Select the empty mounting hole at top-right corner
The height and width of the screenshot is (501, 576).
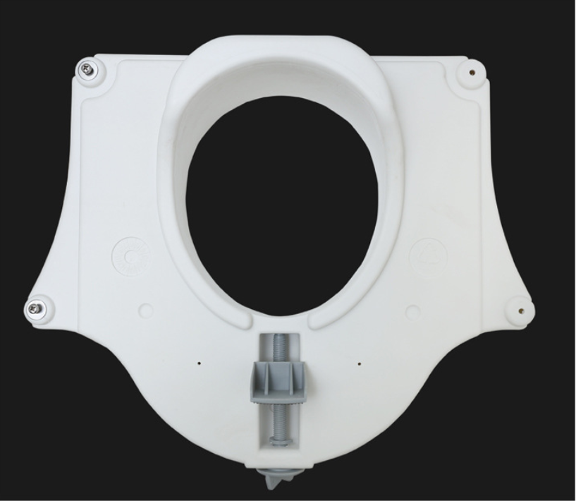[x=470, y=71]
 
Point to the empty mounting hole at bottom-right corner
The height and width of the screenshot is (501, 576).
[x=520, y=308]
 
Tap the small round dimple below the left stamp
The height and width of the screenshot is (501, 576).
[x=146, y=310]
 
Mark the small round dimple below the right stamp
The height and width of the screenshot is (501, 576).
[x=414, y=310]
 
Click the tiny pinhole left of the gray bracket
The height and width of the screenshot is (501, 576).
[x=199, y=364]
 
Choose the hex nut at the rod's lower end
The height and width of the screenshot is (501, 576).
[x=279, y=441]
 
